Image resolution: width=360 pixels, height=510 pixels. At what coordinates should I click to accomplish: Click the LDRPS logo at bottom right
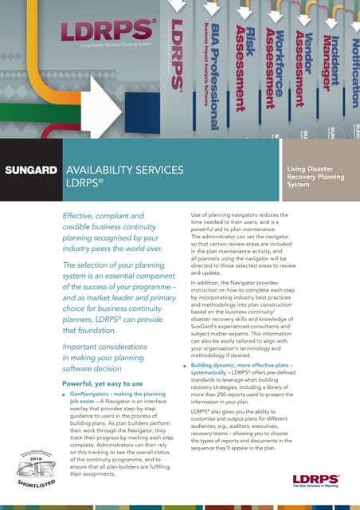[x=316, y=481]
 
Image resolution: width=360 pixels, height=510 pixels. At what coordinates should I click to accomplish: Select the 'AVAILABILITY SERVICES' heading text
[x=125, y=170]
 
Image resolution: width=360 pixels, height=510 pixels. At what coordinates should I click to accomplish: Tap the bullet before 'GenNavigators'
[x=63, y=394]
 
